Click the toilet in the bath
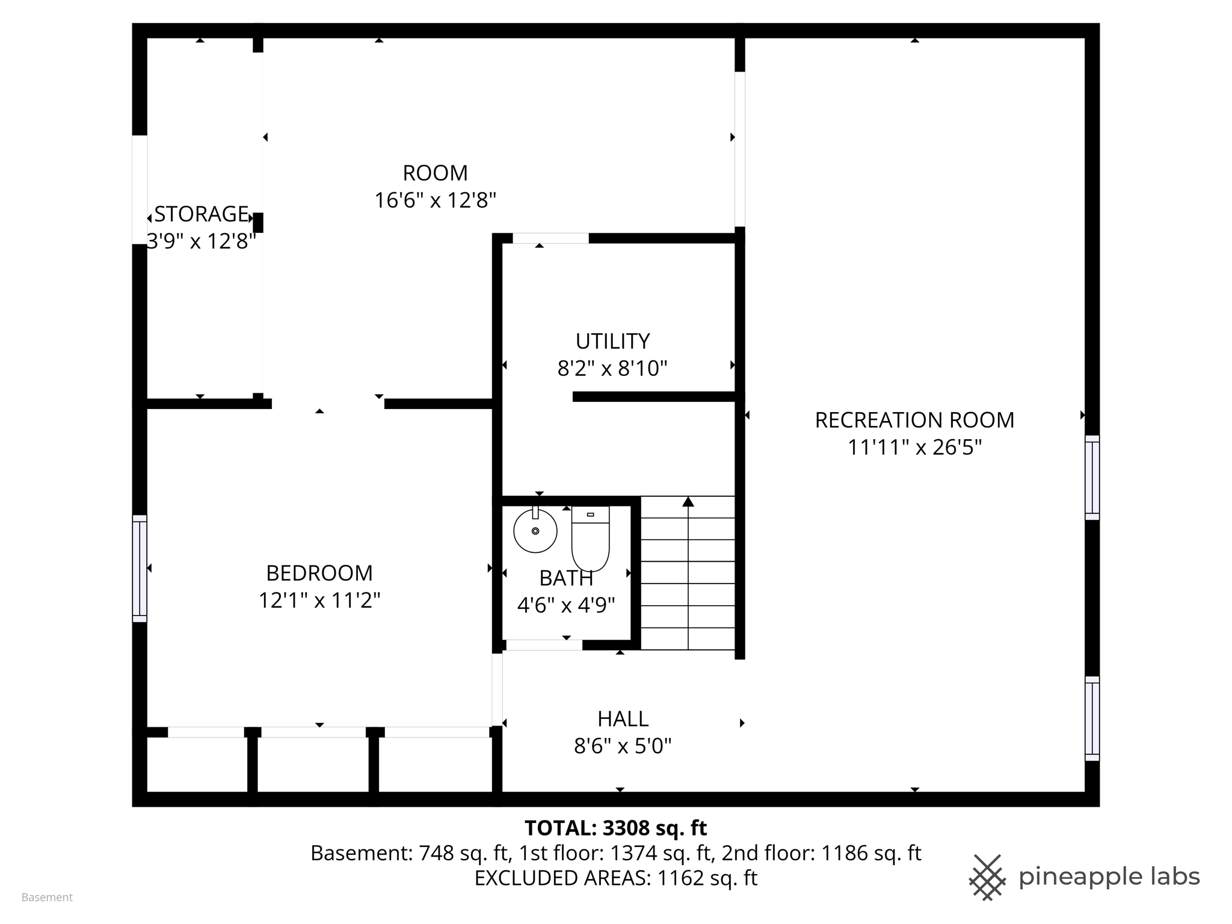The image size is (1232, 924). tap(590, 538)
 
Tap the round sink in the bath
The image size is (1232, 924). tap(535, 531)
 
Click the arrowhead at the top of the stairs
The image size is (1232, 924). tap(688, 502)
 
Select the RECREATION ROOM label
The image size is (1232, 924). tap(914, 420)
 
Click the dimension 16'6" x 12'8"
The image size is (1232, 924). tap(435, 200)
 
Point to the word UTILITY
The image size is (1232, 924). tap(612, 341)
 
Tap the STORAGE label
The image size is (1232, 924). tap(201, 214)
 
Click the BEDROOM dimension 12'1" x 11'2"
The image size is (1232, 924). tap(319, 600)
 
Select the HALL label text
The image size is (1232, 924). tap(623, 719)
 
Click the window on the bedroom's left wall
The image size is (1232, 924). tap(140, 568)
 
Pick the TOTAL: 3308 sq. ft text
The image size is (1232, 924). tap(615, 828)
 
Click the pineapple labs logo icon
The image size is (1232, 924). tap(987, 877)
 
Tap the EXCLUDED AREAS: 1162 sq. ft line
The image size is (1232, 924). tap(615, 878)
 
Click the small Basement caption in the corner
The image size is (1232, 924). tap(47, 898)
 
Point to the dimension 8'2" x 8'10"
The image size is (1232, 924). tap(612, 368)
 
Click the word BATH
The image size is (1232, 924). tap(566, 578)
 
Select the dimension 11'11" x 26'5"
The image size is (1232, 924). tap(914, 448)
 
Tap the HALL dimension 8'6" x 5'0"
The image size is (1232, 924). tap(623, 747)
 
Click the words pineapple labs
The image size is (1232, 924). tap(1109, 877)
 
